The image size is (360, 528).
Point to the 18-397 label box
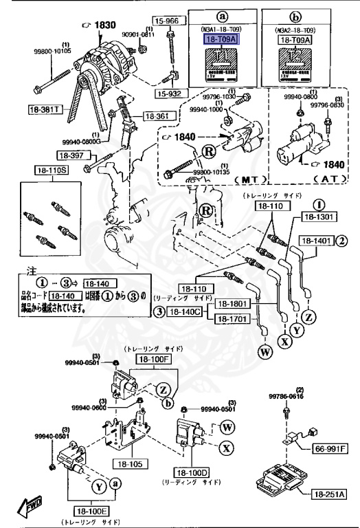[71, 155]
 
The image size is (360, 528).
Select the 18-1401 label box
[315, 241]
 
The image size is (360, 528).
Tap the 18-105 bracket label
[131, 464]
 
